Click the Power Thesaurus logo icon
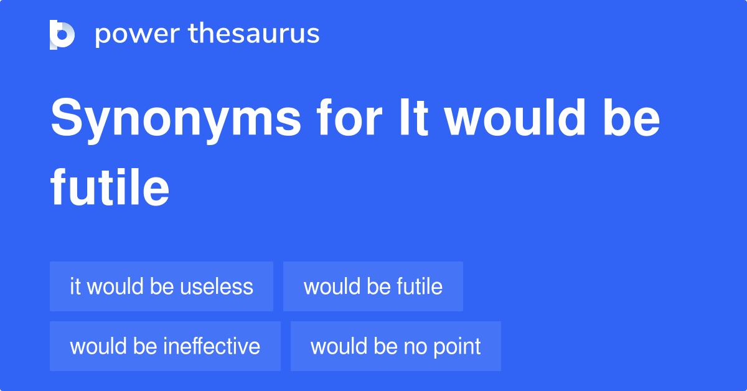(62, 34)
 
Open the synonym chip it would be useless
(161, 286)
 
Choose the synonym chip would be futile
(373, 286)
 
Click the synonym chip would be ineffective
(165, 346)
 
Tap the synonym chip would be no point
(395, 346)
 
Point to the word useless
(217, 286)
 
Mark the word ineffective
(212, 346)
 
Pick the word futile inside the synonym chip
(419, 286)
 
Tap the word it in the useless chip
(76, 286)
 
